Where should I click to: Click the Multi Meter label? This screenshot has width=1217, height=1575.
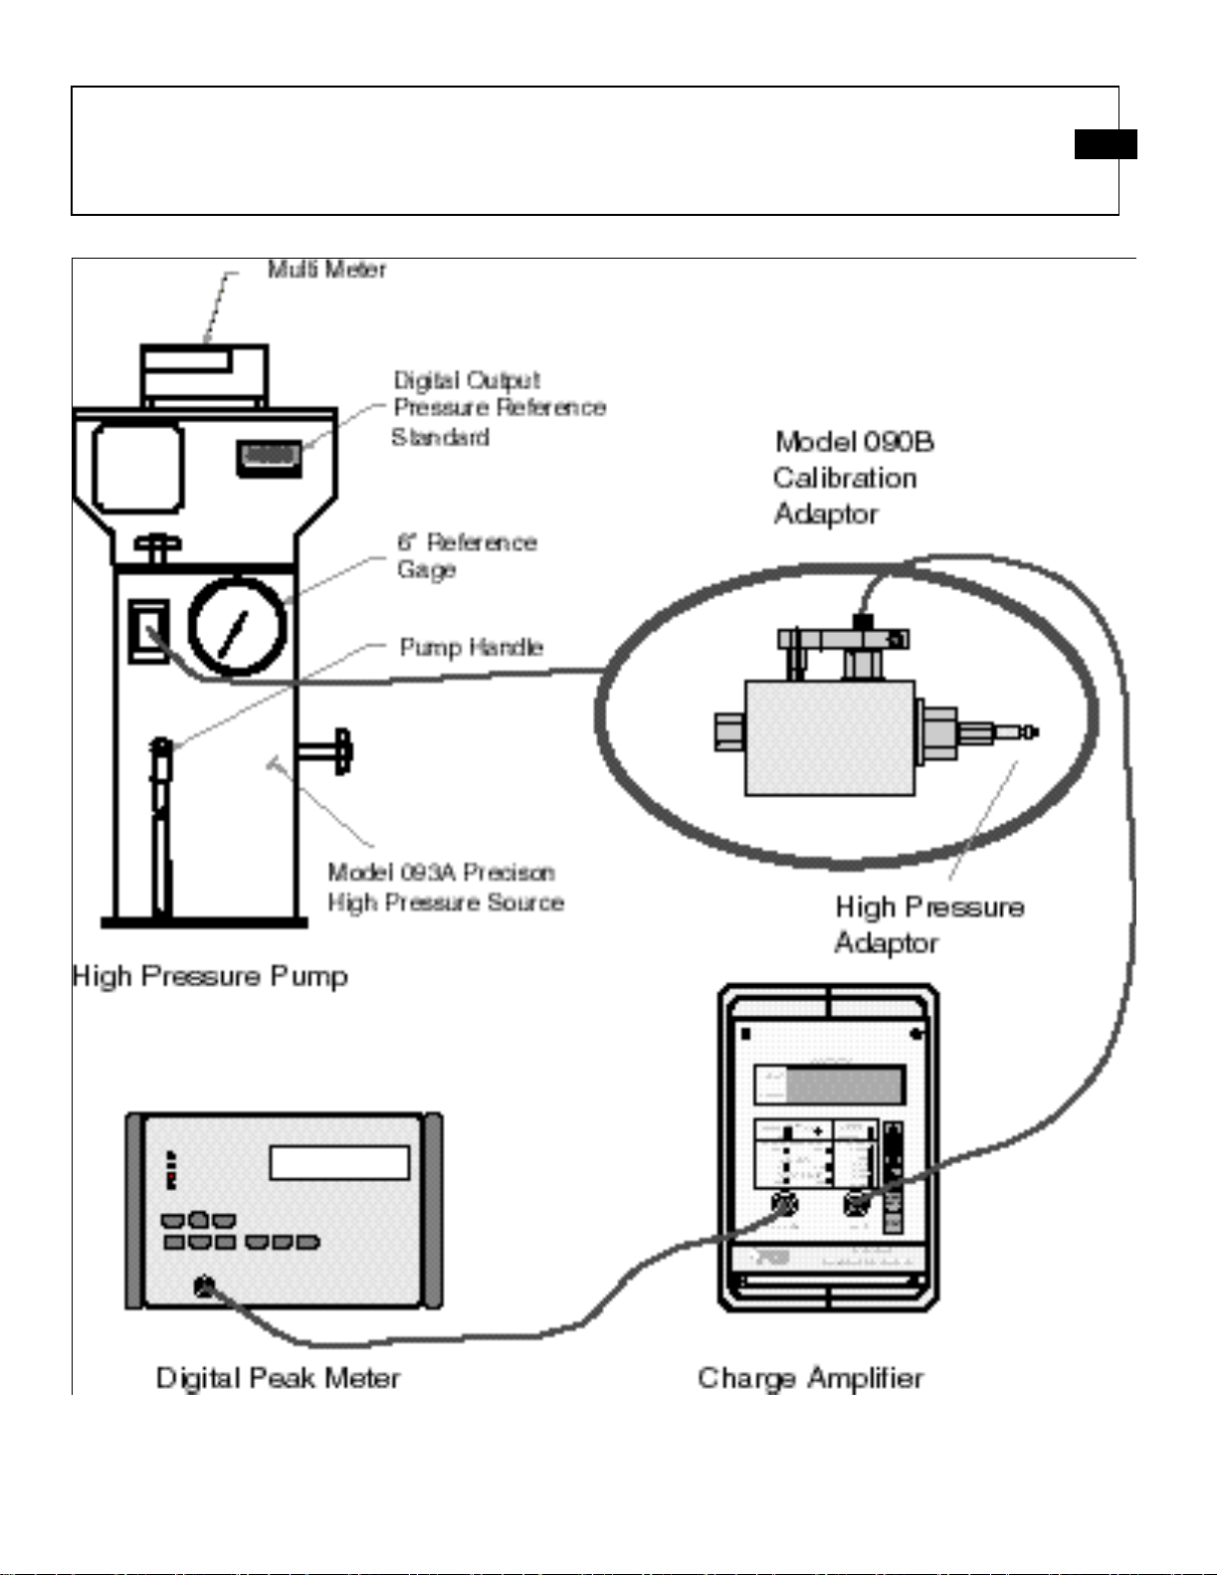[x=326, y=270]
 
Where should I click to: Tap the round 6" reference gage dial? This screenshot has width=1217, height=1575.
[x=237, y=626]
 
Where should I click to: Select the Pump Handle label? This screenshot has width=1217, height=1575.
[x=471, y=648]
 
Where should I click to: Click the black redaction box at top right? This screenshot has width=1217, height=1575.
[x=1105, y=144]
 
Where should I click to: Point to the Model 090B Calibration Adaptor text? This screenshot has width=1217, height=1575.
[x=852, y=478]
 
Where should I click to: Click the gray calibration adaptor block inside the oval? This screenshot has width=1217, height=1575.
[x=830, y=737]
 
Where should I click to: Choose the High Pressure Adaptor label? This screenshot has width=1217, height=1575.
[x=928, y=924]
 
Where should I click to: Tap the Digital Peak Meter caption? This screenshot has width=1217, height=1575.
[x=278, y=1378]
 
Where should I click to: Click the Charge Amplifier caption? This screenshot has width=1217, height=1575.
[x=810, y=1378]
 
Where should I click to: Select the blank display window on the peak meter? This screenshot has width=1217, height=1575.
[x=339, y=1162]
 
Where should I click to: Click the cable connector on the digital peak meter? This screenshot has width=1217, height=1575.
[x=204, y=1287]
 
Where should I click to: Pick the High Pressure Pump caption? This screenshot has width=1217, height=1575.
[x=210, y=976]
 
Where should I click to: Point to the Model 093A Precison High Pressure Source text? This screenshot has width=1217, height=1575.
[x=445, y=887]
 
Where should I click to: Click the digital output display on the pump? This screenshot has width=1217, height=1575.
[x=269, y=457]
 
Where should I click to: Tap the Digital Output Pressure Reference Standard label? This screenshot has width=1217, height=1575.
[x=498, y=408]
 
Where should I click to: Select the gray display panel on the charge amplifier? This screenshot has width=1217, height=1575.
[x=829, y=1084]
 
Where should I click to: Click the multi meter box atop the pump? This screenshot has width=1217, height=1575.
[x=204, y=373]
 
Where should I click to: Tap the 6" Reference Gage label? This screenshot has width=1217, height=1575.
[x=466, y=556]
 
